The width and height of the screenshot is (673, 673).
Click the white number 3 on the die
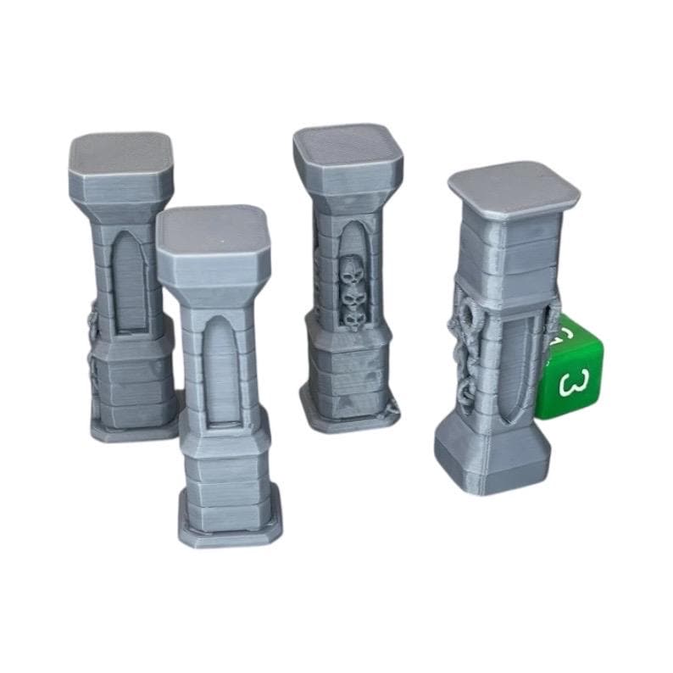pyautogui.click(x=573, y=382)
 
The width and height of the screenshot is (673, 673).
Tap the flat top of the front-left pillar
pyautogui.click(x=212, y=227)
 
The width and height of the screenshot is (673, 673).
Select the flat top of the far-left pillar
pyautogui.click(x=121, y=153)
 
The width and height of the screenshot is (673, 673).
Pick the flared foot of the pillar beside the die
pyautogui.click(x=492, y=462)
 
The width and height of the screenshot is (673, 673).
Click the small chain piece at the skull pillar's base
pyautogui.click(x=392, y=409)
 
